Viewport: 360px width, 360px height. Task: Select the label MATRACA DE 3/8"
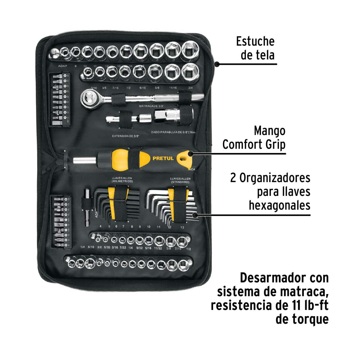click(x=154, y=107)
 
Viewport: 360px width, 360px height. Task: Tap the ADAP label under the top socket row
click(x=63, y=66)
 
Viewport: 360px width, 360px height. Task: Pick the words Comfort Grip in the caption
click(x=254, y=145)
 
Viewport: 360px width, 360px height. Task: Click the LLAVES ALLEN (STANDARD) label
click(x=178, y=180)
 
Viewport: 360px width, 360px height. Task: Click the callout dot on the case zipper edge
click(x=217, y=64)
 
